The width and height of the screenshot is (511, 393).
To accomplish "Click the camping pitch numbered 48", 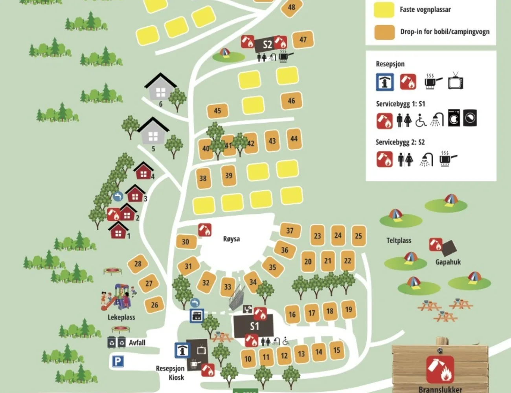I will click(291, 8).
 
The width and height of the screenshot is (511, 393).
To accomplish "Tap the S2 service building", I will click(267, 44).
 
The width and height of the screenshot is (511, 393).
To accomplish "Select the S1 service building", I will click(254, 326).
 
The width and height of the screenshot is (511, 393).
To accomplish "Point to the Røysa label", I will click(231, 239).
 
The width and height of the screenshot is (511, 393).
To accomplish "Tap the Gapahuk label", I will click(448, 262).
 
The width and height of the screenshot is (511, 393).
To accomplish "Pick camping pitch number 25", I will click(358, 236).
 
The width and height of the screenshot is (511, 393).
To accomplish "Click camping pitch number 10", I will click(248, 358).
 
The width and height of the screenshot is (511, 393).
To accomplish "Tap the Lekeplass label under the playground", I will click(121, 317).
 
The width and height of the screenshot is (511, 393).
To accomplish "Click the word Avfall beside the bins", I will click(137, 343).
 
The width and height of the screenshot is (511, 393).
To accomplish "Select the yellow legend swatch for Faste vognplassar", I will click(384, 10).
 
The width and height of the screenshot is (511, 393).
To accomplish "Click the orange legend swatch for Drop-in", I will click(384, 32).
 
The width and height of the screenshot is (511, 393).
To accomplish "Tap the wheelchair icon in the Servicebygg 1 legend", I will click(421, 119).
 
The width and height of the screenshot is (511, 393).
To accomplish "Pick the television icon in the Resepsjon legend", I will click(456, 81).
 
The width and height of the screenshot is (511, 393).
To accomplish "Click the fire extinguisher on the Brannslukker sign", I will click(440, 369).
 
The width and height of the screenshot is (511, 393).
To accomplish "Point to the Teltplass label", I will click(399, 241).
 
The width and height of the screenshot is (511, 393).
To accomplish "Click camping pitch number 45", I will click(217, 111).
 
